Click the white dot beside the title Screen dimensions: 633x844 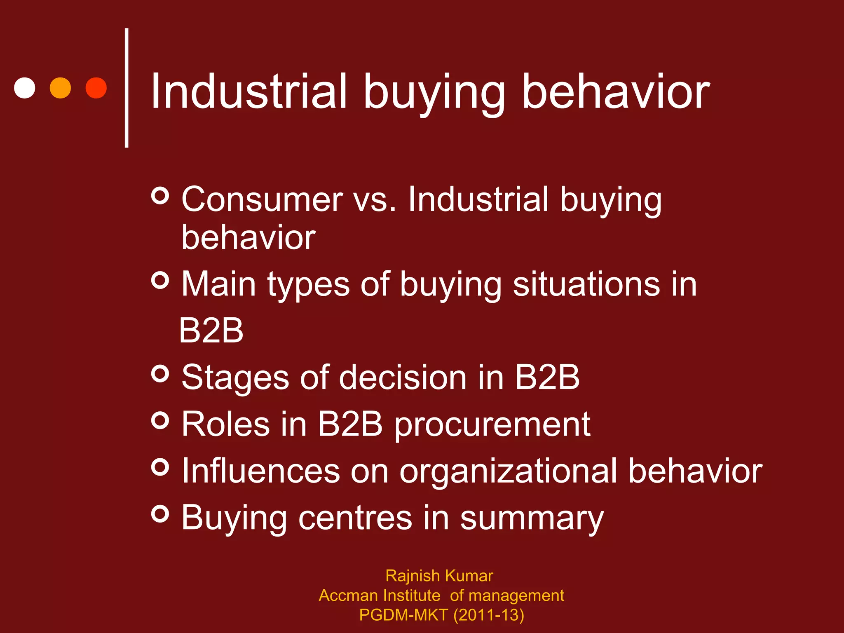point(25,88)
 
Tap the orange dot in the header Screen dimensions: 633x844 point(60,88)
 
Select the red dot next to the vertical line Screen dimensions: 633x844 point(96,88)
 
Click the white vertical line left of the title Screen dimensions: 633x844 point(127,88)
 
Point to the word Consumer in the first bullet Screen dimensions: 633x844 point(262,199)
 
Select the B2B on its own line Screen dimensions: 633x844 point(211,331)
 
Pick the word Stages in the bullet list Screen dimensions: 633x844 point(235,378)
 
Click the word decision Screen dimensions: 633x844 point(403,377)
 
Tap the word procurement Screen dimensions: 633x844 point(492,425)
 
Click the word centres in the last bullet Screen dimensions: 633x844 point(355,518)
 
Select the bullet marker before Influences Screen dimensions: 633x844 point(160,467)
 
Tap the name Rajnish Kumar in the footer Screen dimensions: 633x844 point(439,576)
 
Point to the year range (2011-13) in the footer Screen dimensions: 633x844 point(489,615)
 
